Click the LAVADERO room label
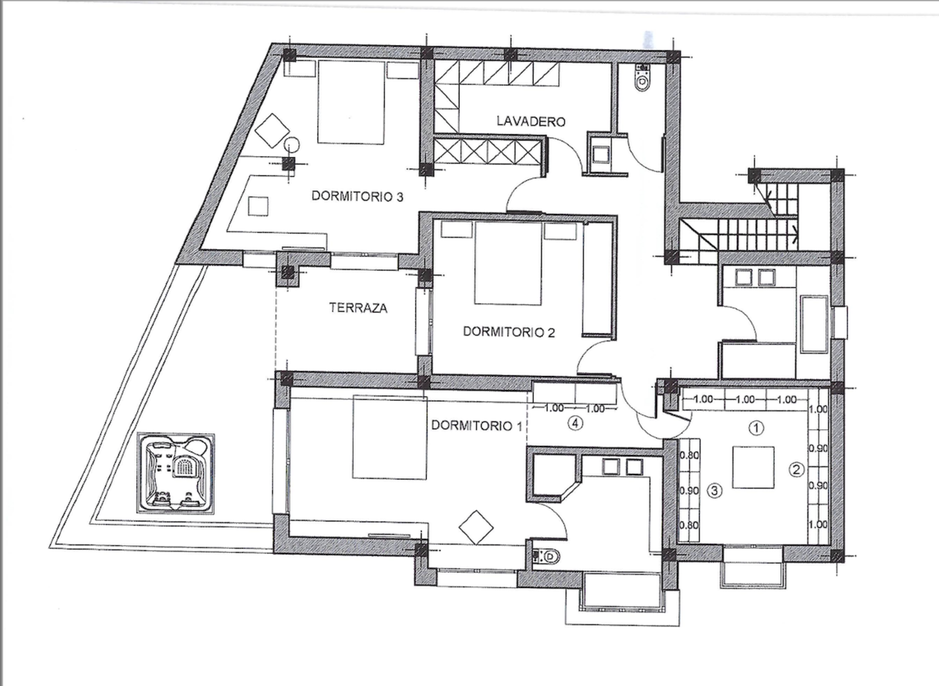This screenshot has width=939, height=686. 531,121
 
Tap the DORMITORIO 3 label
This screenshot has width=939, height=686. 357,196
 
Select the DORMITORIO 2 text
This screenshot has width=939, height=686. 509,332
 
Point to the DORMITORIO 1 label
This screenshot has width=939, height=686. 477,425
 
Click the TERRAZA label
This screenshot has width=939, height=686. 359,308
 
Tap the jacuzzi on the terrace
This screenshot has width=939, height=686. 175,474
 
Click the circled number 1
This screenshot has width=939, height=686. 756,428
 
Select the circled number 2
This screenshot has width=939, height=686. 796,469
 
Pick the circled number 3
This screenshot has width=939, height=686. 715,490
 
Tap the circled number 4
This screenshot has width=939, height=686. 576,424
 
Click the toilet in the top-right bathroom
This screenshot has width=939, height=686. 642,79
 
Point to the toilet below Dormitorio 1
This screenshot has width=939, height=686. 545,557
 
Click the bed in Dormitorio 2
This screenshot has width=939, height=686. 508,263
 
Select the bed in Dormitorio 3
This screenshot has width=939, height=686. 352,102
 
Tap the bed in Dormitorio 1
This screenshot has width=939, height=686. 390,437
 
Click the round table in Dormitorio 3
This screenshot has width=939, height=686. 292,145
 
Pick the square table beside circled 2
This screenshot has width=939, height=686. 754,468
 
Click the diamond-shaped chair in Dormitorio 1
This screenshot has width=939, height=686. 476,527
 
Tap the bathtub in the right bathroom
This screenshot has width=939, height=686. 814,324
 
